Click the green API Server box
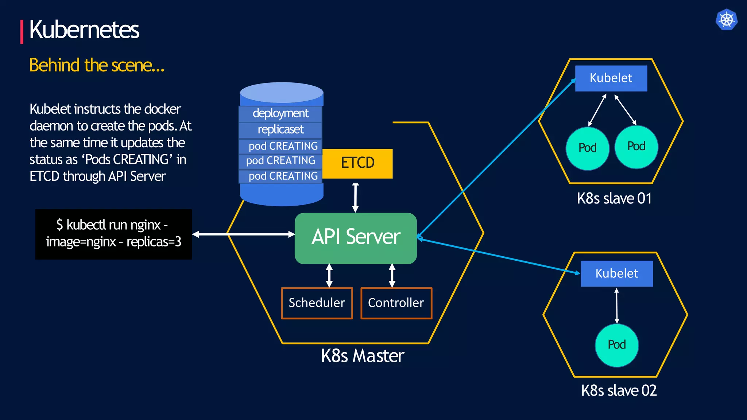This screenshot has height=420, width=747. (x=356, y=238)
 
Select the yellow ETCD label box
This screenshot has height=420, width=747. (x=357, y=163)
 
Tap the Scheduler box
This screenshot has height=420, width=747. (x=317, y=303)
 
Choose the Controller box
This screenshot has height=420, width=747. (x=396, y=303)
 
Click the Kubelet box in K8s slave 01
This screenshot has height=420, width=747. (x=611, y=78)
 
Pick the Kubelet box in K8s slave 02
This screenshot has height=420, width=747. (x=616, y=273)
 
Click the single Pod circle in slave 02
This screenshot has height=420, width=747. (x=616, y=345)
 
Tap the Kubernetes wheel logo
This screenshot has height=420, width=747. (x=726, y=19)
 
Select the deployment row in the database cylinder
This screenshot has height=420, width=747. (x=280, y=114)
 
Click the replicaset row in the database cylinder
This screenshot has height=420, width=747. (x=280, y=130)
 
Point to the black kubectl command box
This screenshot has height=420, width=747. (x=113, y=234)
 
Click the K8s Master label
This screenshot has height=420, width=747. (x=363, y=356)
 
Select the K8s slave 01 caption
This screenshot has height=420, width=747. (x=614, y=199)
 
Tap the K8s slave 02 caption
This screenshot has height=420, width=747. (x=619, y=391)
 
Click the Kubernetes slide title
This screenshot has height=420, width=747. (x=84, y=30)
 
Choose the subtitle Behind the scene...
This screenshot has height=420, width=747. (x=97, y=66)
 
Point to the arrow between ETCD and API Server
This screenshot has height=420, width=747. (x=355, y=198)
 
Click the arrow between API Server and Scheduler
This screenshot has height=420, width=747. (x=329, y=276)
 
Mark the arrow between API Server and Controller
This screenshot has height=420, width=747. (x=392, y=276)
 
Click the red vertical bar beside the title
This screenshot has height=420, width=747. (x=22, y=32)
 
